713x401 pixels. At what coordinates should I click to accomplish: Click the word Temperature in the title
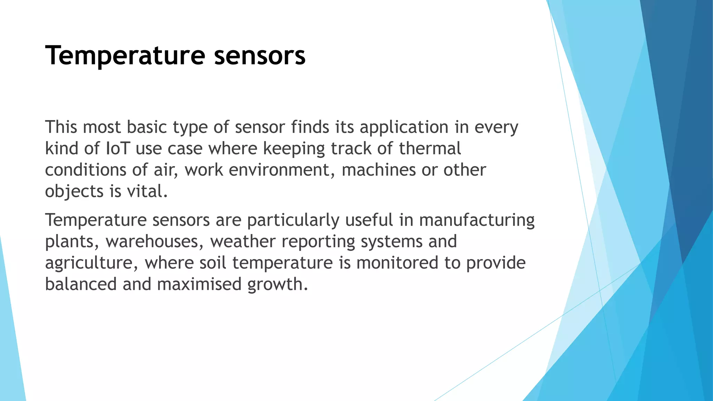point(125,56)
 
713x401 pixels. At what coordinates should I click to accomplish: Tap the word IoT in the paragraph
point(117,149)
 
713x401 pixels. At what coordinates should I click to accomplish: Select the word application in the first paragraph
point(404,127)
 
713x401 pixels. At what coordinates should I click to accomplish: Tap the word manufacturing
point(477,220)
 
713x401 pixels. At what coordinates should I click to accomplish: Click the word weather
point(243,242)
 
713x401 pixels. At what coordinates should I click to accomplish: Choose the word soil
point(213,263)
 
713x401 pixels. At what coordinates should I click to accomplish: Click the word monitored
point(397,263)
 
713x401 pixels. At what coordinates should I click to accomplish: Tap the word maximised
point(199,284)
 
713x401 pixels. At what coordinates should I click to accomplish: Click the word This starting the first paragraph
point(61,127)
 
